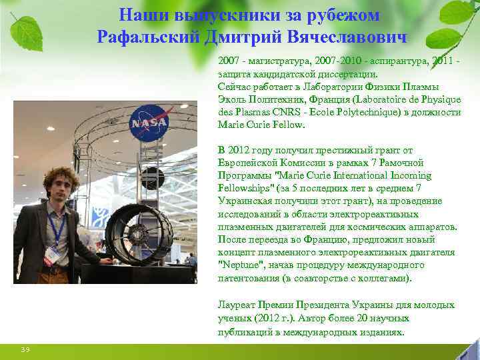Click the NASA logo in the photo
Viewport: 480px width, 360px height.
[144, 123]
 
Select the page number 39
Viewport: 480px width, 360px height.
[25, 349]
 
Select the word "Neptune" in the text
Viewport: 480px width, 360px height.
[240, 265]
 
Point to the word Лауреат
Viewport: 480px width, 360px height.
[238, 305]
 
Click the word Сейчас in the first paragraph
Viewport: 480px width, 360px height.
[234, 87]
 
